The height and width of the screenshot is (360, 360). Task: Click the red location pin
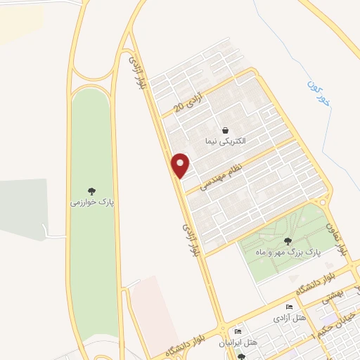pos(181,165)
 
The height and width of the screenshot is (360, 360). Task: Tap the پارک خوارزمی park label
pos(91,202)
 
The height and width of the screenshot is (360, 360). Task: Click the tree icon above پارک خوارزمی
pos(91,191)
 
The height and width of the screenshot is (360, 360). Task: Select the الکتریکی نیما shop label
pos(224,141)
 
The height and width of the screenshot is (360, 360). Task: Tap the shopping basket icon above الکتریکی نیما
pos(224,130)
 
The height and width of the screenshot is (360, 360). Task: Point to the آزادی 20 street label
pos(191,101)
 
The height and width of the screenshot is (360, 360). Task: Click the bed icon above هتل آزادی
pos(288,307)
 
